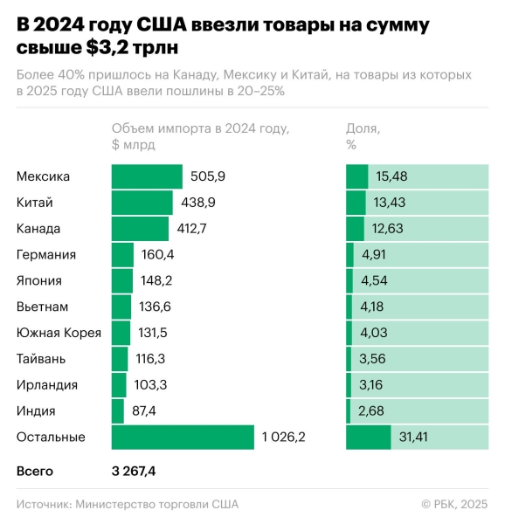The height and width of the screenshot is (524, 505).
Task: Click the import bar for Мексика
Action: [147, 176]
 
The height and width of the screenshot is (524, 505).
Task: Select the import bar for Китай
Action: [142, 203]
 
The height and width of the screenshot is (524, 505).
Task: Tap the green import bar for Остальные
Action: [183, 437]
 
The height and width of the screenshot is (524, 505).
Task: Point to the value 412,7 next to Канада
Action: [191, 229]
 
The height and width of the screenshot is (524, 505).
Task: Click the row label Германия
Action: [46, 255]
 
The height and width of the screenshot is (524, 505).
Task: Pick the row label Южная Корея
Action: [59, 333]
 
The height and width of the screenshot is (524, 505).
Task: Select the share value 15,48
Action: [392, 176]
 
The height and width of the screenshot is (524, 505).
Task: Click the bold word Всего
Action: [35, 471]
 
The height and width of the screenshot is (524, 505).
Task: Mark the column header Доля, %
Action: [363, 136]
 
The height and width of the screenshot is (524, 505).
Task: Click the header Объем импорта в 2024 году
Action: [199, 128]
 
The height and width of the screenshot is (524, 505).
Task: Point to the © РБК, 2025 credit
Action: [454, 504]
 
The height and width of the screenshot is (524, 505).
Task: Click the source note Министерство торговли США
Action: [156, 504]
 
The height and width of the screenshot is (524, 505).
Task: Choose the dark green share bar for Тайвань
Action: [351, 359]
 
